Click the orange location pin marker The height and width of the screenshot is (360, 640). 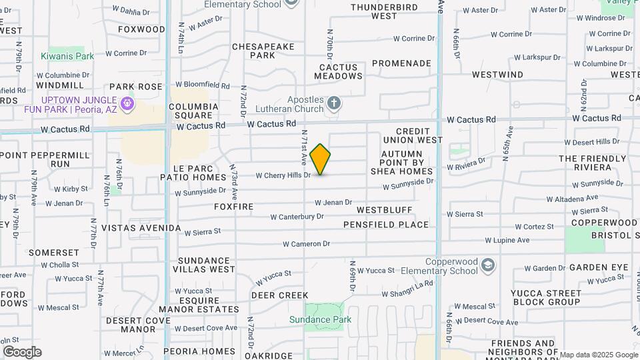click(320, 159)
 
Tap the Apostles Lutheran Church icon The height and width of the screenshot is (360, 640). click(335, 103)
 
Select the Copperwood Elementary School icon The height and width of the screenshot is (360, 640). click(488, 266)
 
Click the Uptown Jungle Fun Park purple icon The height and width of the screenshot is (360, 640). click(129, 104)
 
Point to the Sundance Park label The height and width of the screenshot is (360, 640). click(320, 319)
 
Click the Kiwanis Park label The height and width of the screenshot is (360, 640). click(67, 57)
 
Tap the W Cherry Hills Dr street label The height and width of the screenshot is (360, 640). click(283, 175)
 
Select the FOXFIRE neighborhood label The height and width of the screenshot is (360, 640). click(234, 207)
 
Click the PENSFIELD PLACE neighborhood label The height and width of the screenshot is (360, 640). click(386, 225)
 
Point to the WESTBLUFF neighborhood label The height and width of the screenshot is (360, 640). click(385, 210)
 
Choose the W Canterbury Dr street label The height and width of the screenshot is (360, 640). click(297, 217)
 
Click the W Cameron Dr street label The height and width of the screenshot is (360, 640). click(306, 244)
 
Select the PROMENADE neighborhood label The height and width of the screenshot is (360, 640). click(401, 63)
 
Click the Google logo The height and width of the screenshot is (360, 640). click(21, 352)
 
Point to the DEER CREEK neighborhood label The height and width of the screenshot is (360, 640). click(279, 295)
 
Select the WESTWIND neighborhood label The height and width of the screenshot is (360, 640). click(497, 75)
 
